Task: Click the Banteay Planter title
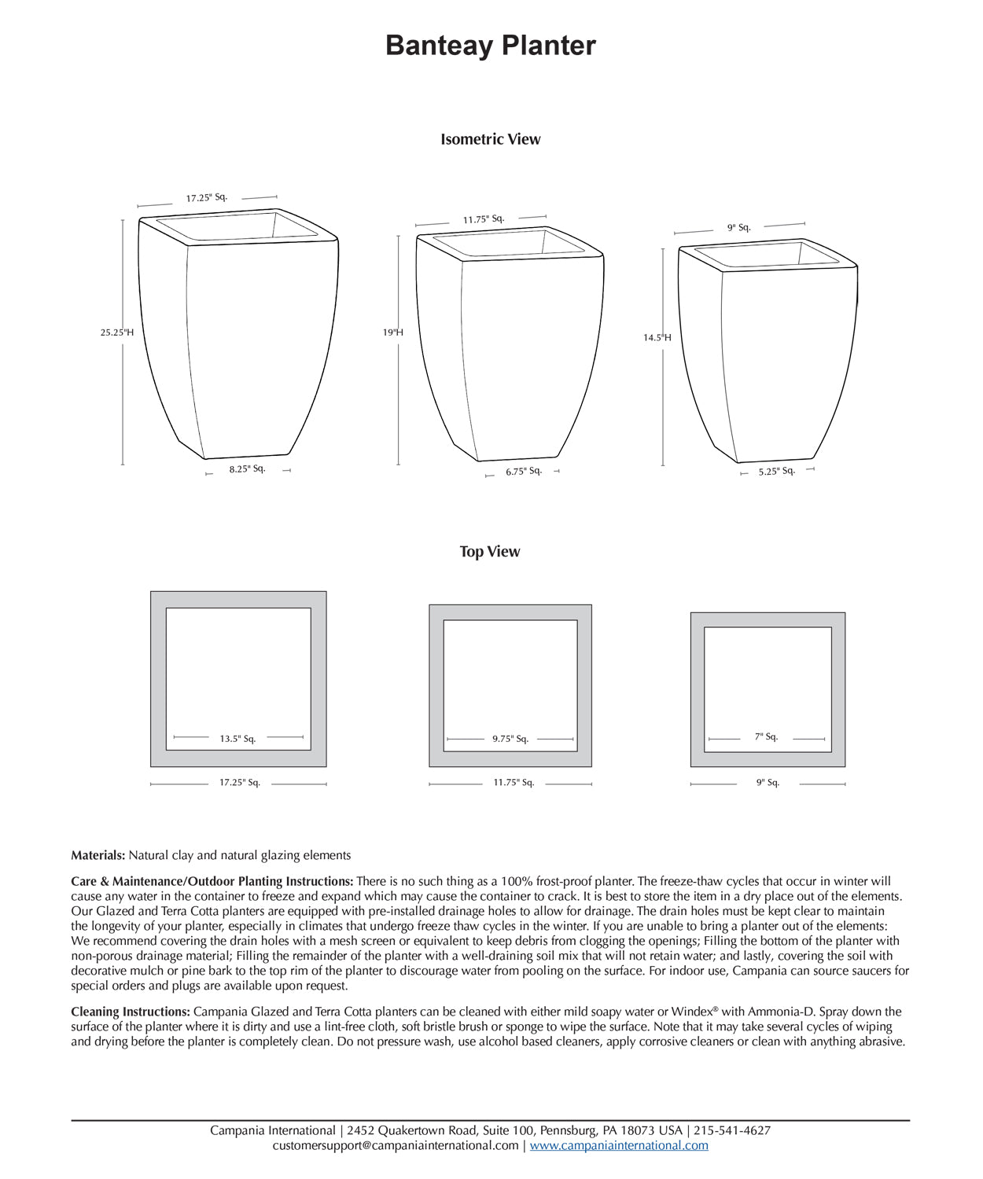click(491, 46)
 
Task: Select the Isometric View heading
click(491, 139)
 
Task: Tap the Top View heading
click(490, 552)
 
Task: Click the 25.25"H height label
click(117, 332)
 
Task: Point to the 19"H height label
click(393, 332)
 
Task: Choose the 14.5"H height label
click(657, 338)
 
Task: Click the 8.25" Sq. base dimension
click(248, 469)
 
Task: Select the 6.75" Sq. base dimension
click(524, 472)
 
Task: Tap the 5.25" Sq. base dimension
click(777, 472)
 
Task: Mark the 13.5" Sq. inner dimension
click(237, 739)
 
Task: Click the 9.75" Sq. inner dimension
click(510, 739)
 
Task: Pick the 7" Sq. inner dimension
click(766, 737)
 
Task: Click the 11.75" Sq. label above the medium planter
click(484, 219)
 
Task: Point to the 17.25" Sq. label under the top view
click(240, 783)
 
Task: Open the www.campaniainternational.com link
click(619, 1146)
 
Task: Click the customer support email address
click(396, 1146)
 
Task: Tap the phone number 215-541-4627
click(732, 1131)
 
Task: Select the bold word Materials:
click(98, 855)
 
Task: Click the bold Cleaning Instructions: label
click(131, 1012)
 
